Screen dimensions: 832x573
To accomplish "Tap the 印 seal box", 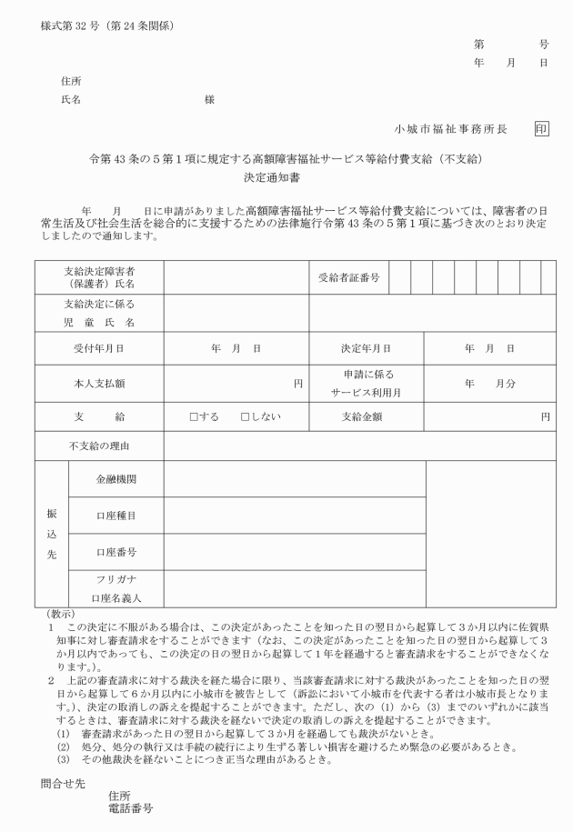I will [x=541, y=129].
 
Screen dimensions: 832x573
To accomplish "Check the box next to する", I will [x=194, y=416].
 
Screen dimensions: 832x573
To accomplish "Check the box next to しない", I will [x=246, y=416].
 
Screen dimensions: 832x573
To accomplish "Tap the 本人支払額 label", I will [x=99, y=383].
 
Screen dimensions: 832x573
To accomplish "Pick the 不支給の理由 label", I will [x=99, y=446].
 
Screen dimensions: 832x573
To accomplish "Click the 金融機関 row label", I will [x=116, y=479].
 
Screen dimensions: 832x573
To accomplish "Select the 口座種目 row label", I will [x=116, y=515].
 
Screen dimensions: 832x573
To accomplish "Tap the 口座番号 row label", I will [x=116, y=551].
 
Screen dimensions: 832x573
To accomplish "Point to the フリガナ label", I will [x=116, y=578].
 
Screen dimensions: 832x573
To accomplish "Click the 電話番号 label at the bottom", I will [x=130, y=807].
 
